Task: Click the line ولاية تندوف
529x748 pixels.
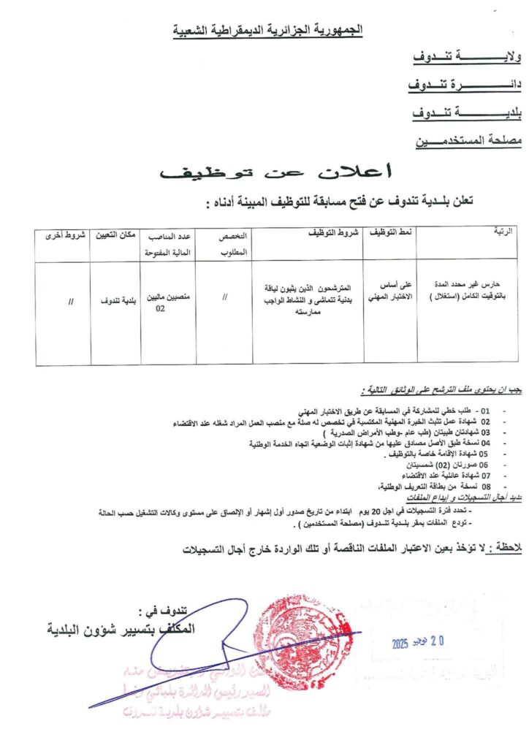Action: pyautogui.click(x=457, y=57)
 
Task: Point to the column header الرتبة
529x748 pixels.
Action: pyautogui.click(x=503, y=232)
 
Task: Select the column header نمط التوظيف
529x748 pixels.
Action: pyautogui.click(x=389, y=232)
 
